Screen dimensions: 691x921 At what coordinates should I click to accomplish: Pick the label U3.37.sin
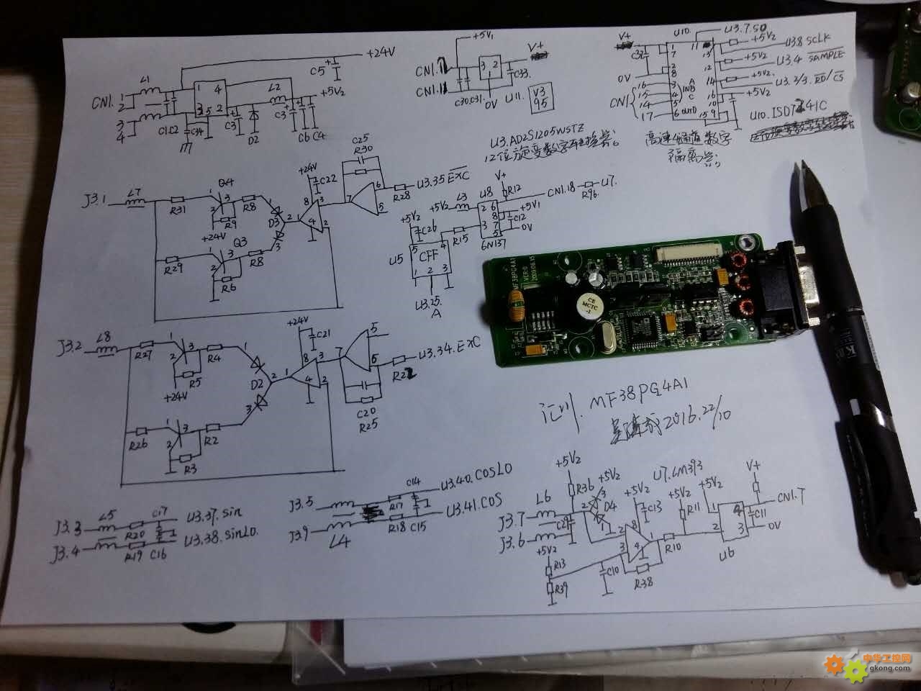click(213, 514)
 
